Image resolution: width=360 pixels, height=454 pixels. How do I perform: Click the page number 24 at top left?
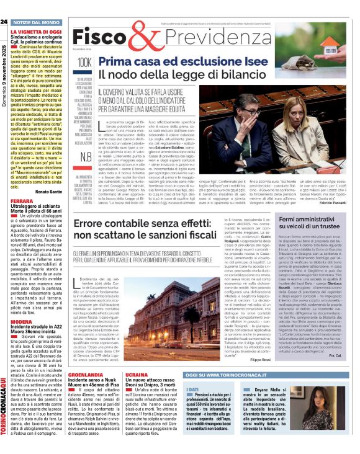(x=4, y=22)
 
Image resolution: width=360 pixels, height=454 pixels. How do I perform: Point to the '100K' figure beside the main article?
(x=84, y=63)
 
